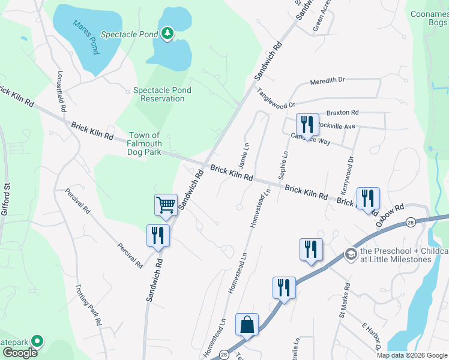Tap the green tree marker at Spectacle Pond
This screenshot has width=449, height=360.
pos(167,34)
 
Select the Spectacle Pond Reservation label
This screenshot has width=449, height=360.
pos(162,94)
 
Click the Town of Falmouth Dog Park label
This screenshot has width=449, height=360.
pos(144,144)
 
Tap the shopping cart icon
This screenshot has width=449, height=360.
pos(166,205)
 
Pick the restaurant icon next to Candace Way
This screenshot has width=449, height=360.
pos(307,125)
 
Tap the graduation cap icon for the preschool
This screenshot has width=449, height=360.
pos(350,255)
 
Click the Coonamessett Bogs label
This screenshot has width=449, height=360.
pos(429,17)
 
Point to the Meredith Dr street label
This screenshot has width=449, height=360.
pos(327,81)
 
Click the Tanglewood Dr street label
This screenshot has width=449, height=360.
pos(277,98)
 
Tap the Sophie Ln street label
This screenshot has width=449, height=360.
pos(284,164)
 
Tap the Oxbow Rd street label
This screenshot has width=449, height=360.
pos(390,215)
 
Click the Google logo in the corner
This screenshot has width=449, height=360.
pos(20,353)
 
